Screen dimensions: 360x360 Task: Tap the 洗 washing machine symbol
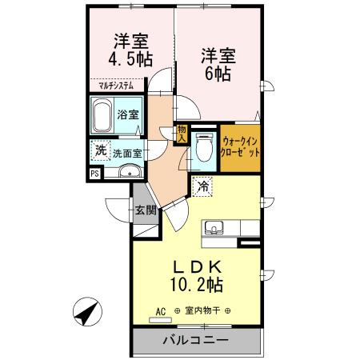100,149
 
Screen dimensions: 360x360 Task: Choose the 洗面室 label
126,152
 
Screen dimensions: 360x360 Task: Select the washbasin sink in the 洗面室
129,170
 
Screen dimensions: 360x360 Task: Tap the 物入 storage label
181,134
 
